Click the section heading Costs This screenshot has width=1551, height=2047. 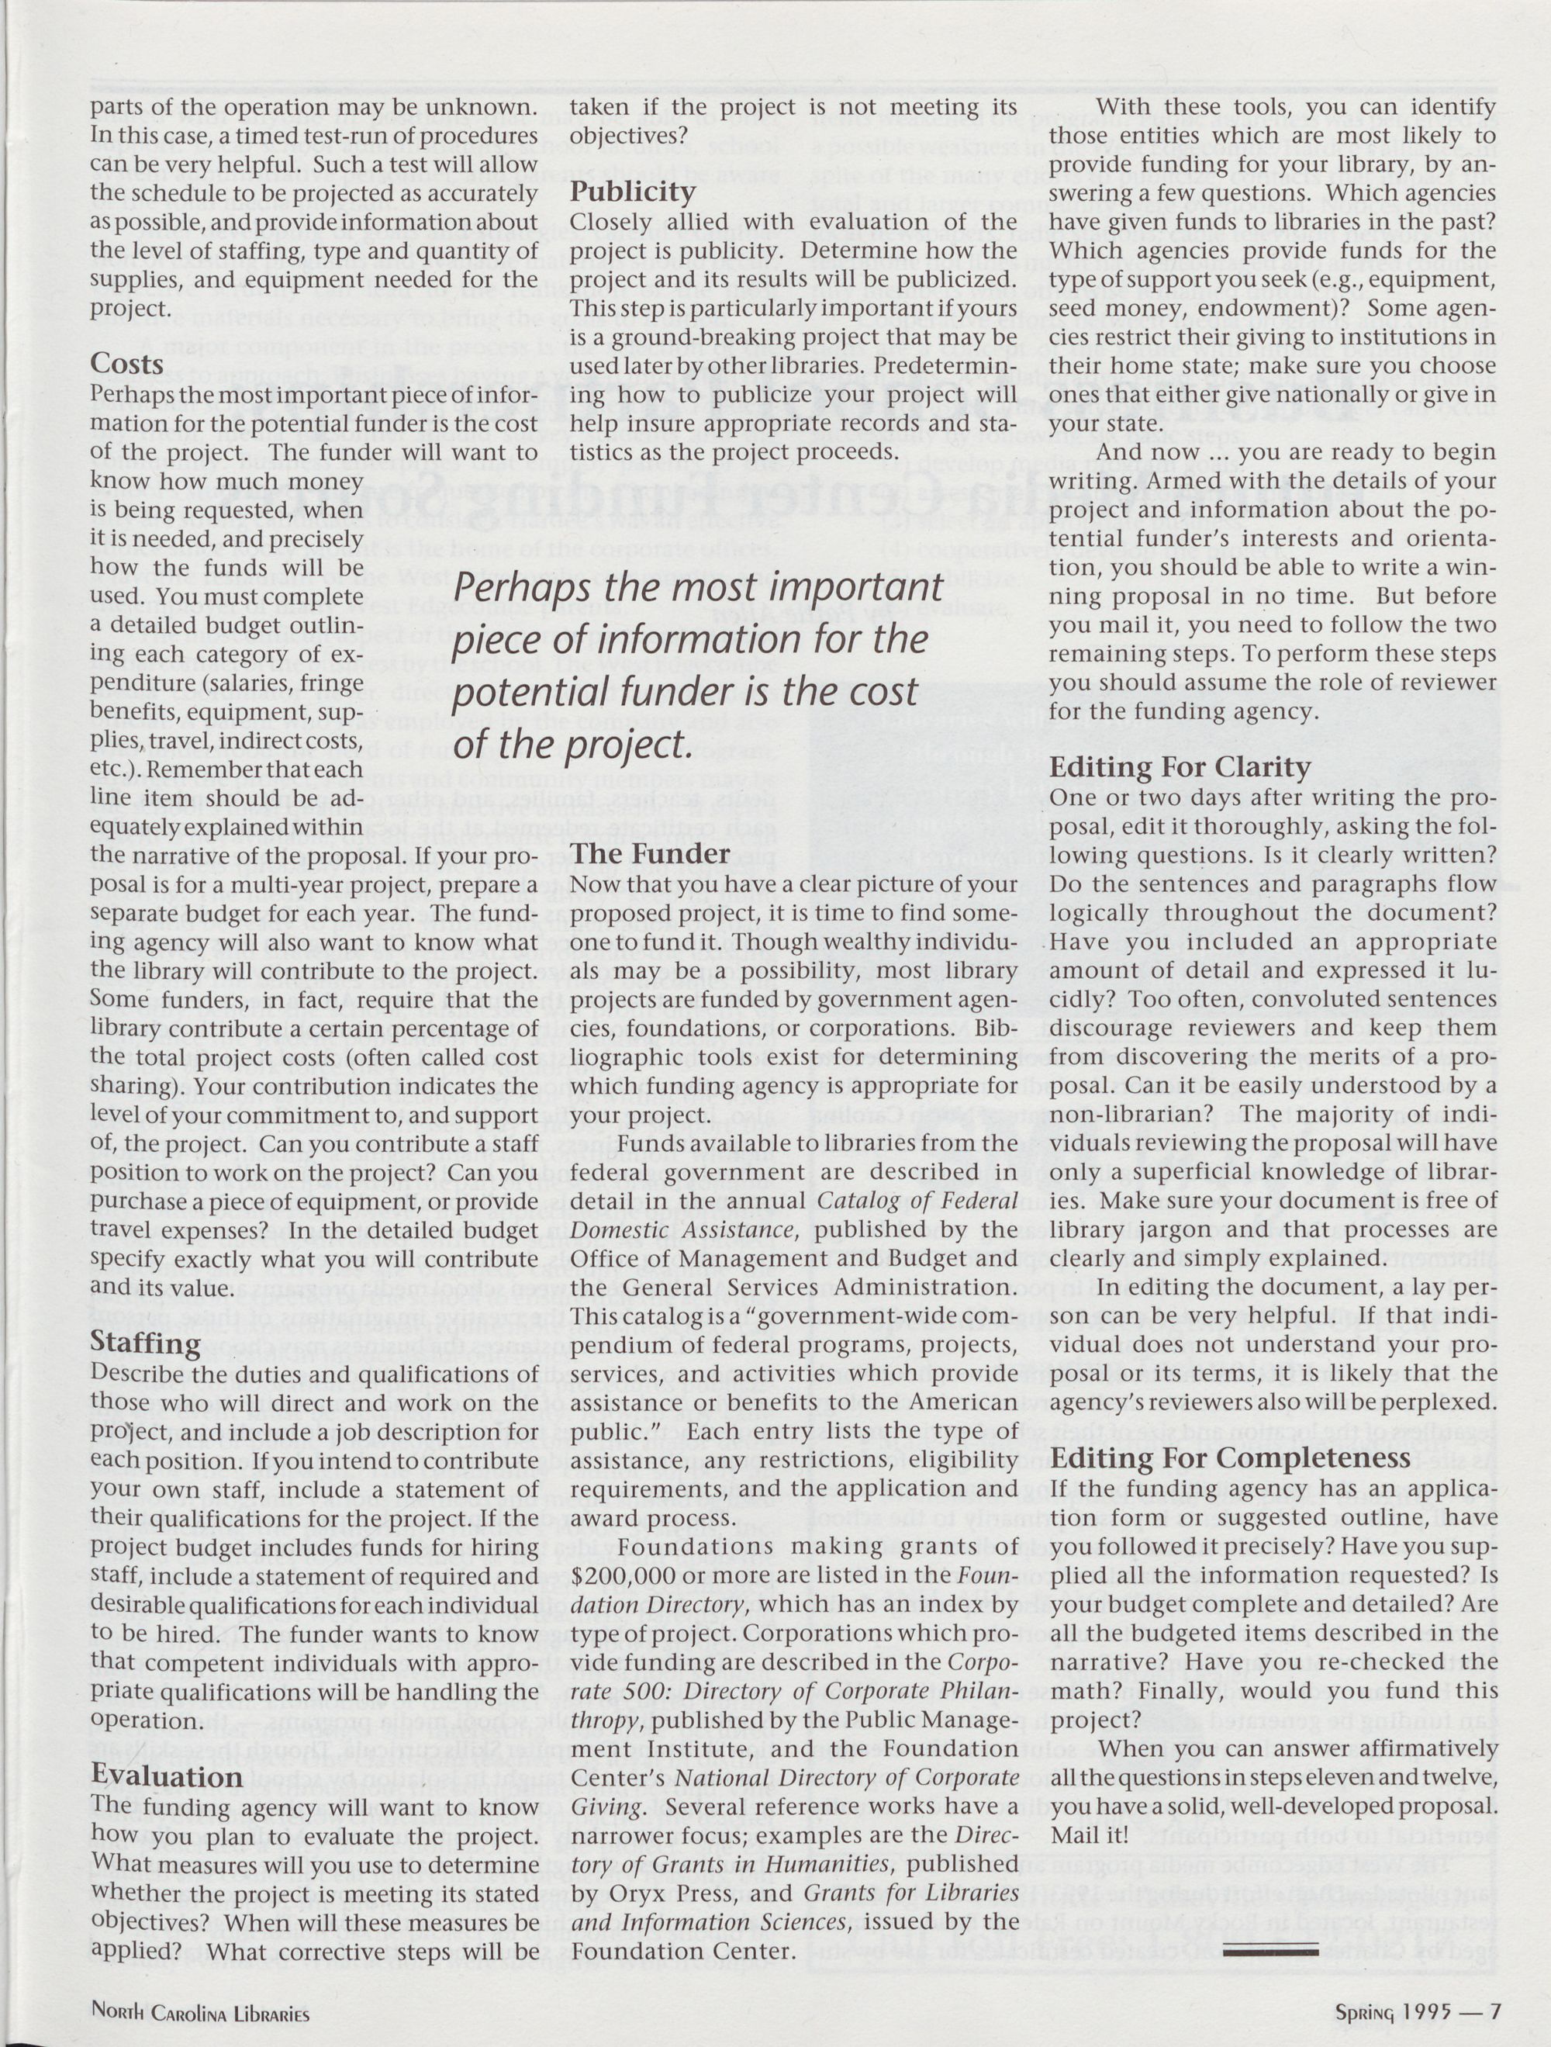(x=128, y=364)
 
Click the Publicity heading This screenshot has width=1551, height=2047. (x=633, y=192)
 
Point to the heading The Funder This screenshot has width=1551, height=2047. (x=651, y=852)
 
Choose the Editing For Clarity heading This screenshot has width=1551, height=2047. (x=1180, y=768)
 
